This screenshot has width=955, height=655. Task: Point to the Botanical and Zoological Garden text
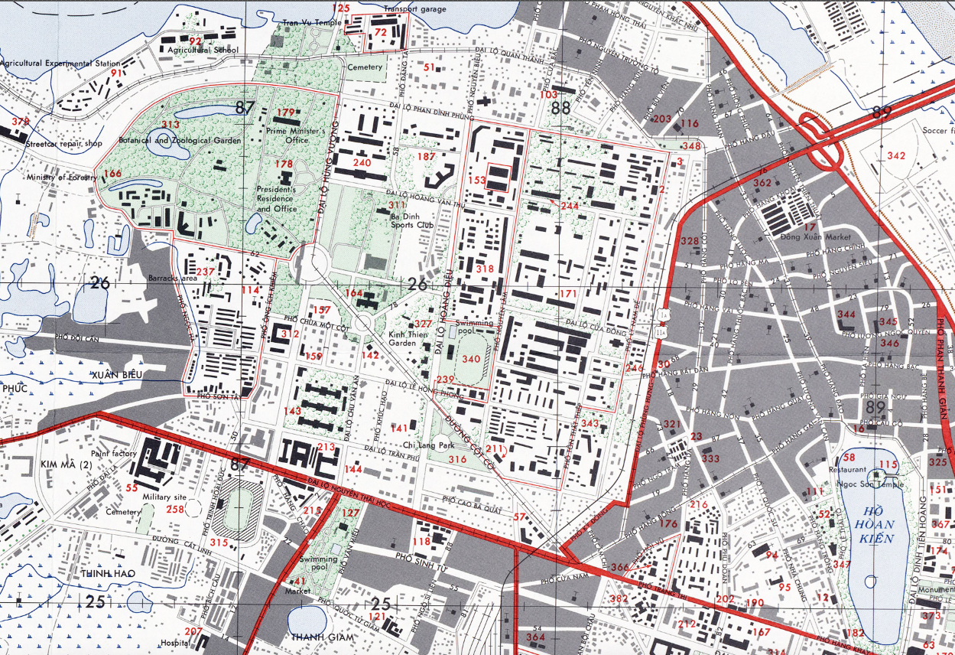180,141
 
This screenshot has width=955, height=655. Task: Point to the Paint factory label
113,454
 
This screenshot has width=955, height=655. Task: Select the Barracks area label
174,278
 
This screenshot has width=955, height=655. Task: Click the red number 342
896,156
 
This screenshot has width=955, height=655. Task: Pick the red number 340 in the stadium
471,359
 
